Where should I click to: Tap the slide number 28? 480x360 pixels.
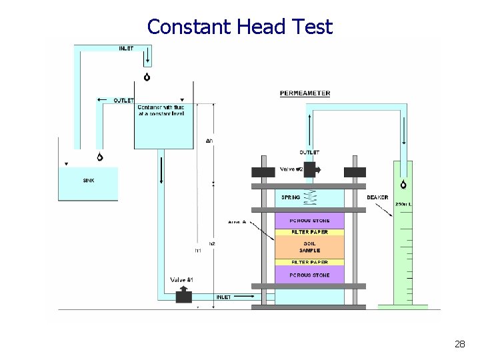point(459,344)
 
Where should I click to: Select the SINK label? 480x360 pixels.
point(89,180)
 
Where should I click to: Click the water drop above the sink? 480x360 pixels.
point(100,157)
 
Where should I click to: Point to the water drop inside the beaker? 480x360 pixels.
point(404,185)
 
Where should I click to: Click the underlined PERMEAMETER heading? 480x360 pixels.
point(305,93)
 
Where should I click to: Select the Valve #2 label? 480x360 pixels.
point(291,169)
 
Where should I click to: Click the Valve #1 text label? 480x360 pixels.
point(181,279)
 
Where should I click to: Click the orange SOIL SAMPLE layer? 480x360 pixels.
point(309,246)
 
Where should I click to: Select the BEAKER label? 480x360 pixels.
point(377,197)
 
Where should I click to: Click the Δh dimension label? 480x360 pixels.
point(209,141)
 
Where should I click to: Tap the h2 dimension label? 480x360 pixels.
point(213,244)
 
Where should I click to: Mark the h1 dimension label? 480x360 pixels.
point(197,251)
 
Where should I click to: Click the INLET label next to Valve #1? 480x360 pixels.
point(223,297)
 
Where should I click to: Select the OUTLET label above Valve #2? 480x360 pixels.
point(309,153)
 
